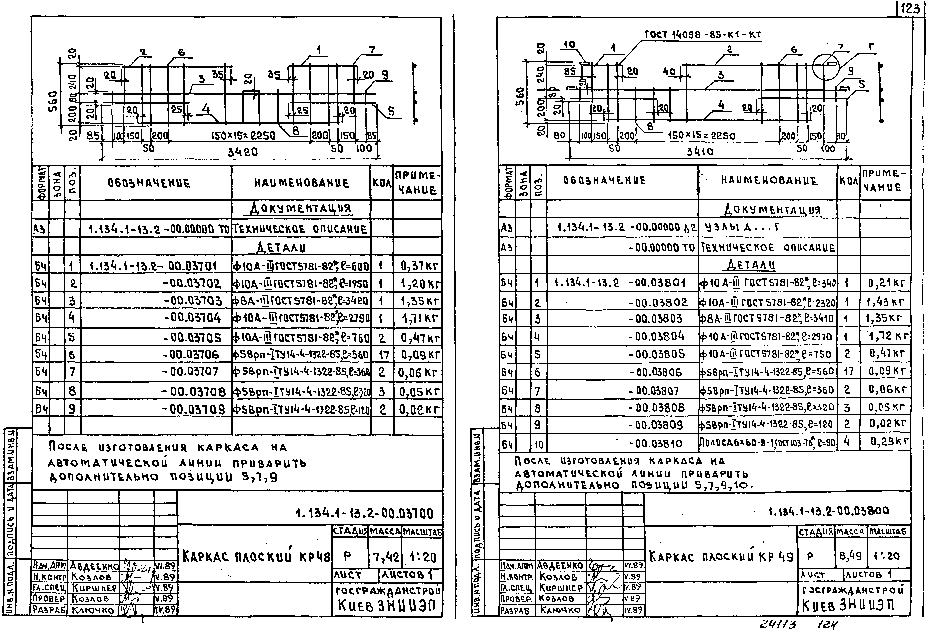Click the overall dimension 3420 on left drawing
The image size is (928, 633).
243,152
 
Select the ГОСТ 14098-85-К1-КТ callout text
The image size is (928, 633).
703,35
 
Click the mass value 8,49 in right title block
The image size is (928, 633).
850,555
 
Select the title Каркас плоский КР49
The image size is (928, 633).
721,556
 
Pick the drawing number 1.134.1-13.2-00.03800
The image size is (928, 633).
829,511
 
